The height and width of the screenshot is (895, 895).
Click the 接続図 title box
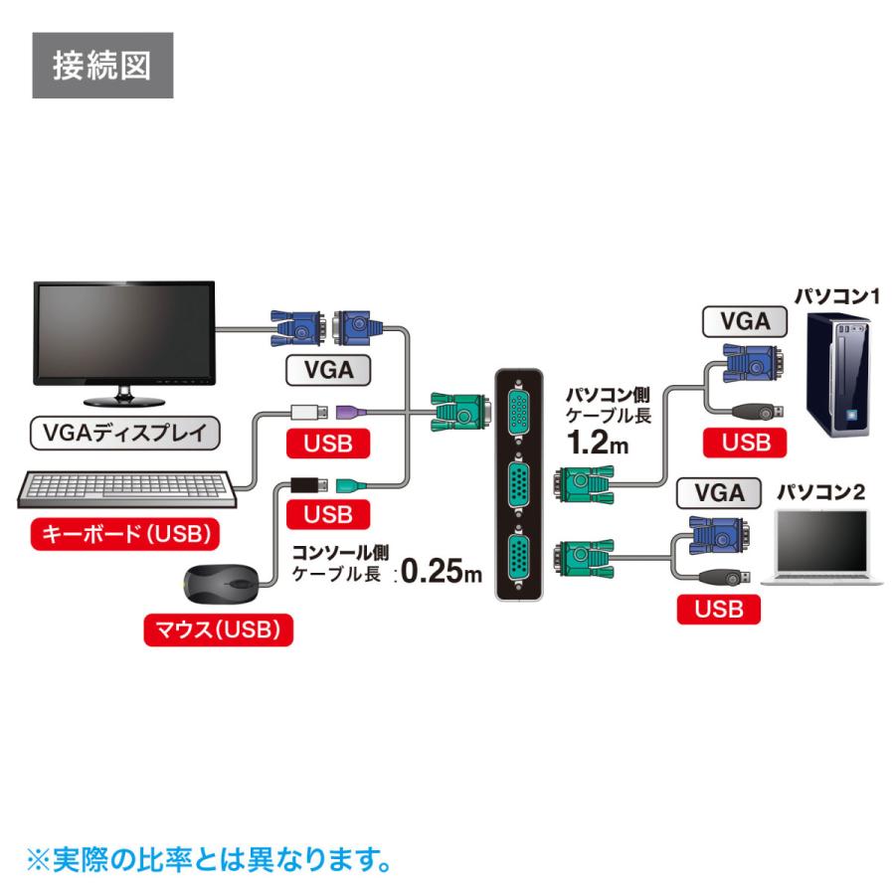pyautogui.click(x=102, y=66)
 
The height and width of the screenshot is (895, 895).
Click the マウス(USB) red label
pyautogui.click(x=219, y=629)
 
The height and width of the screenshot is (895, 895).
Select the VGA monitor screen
pyautogui.click(x=124, y=331)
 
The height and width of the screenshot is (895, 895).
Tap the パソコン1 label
pyautogui.click(x=836, y=295)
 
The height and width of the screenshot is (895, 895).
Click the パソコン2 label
pyautogui.click(x=820, y=491)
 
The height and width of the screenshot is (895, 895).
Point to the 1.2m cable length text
pyautogui.click(x=597, y=442)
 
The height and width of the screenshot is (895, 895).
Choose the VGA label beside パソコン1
pyautogui.click(x=745, y=322)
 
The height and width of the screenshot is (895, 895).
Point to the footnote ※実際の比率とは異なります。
pyautogui.click(x=207, y=858)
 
